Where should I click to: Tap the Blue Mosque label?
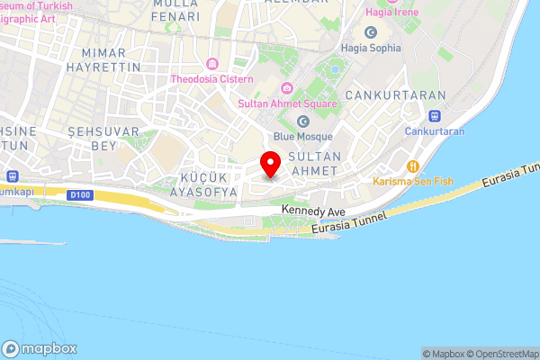click(x=303, y=137)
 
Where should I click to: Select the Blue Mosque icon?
click(x=303, y=121)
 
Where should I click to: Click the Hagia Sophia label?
click(x=371, y=48)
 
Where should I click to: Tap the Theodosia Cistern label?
click(x=212, y=79)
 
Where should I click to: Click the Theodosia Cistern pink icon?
click(x=212, y=64)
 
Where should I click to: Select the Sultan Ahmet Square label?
click(x=287, y=103)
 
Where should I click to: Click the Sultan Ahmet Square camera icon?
click(x=287, y=87)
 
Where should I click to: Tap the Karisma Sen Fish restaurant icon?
click(x=414, y=166)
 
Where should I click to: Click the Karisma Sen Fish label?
click(x=413, y=181)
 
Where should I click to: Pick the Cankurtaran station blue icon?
click(x=435, y=115)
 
